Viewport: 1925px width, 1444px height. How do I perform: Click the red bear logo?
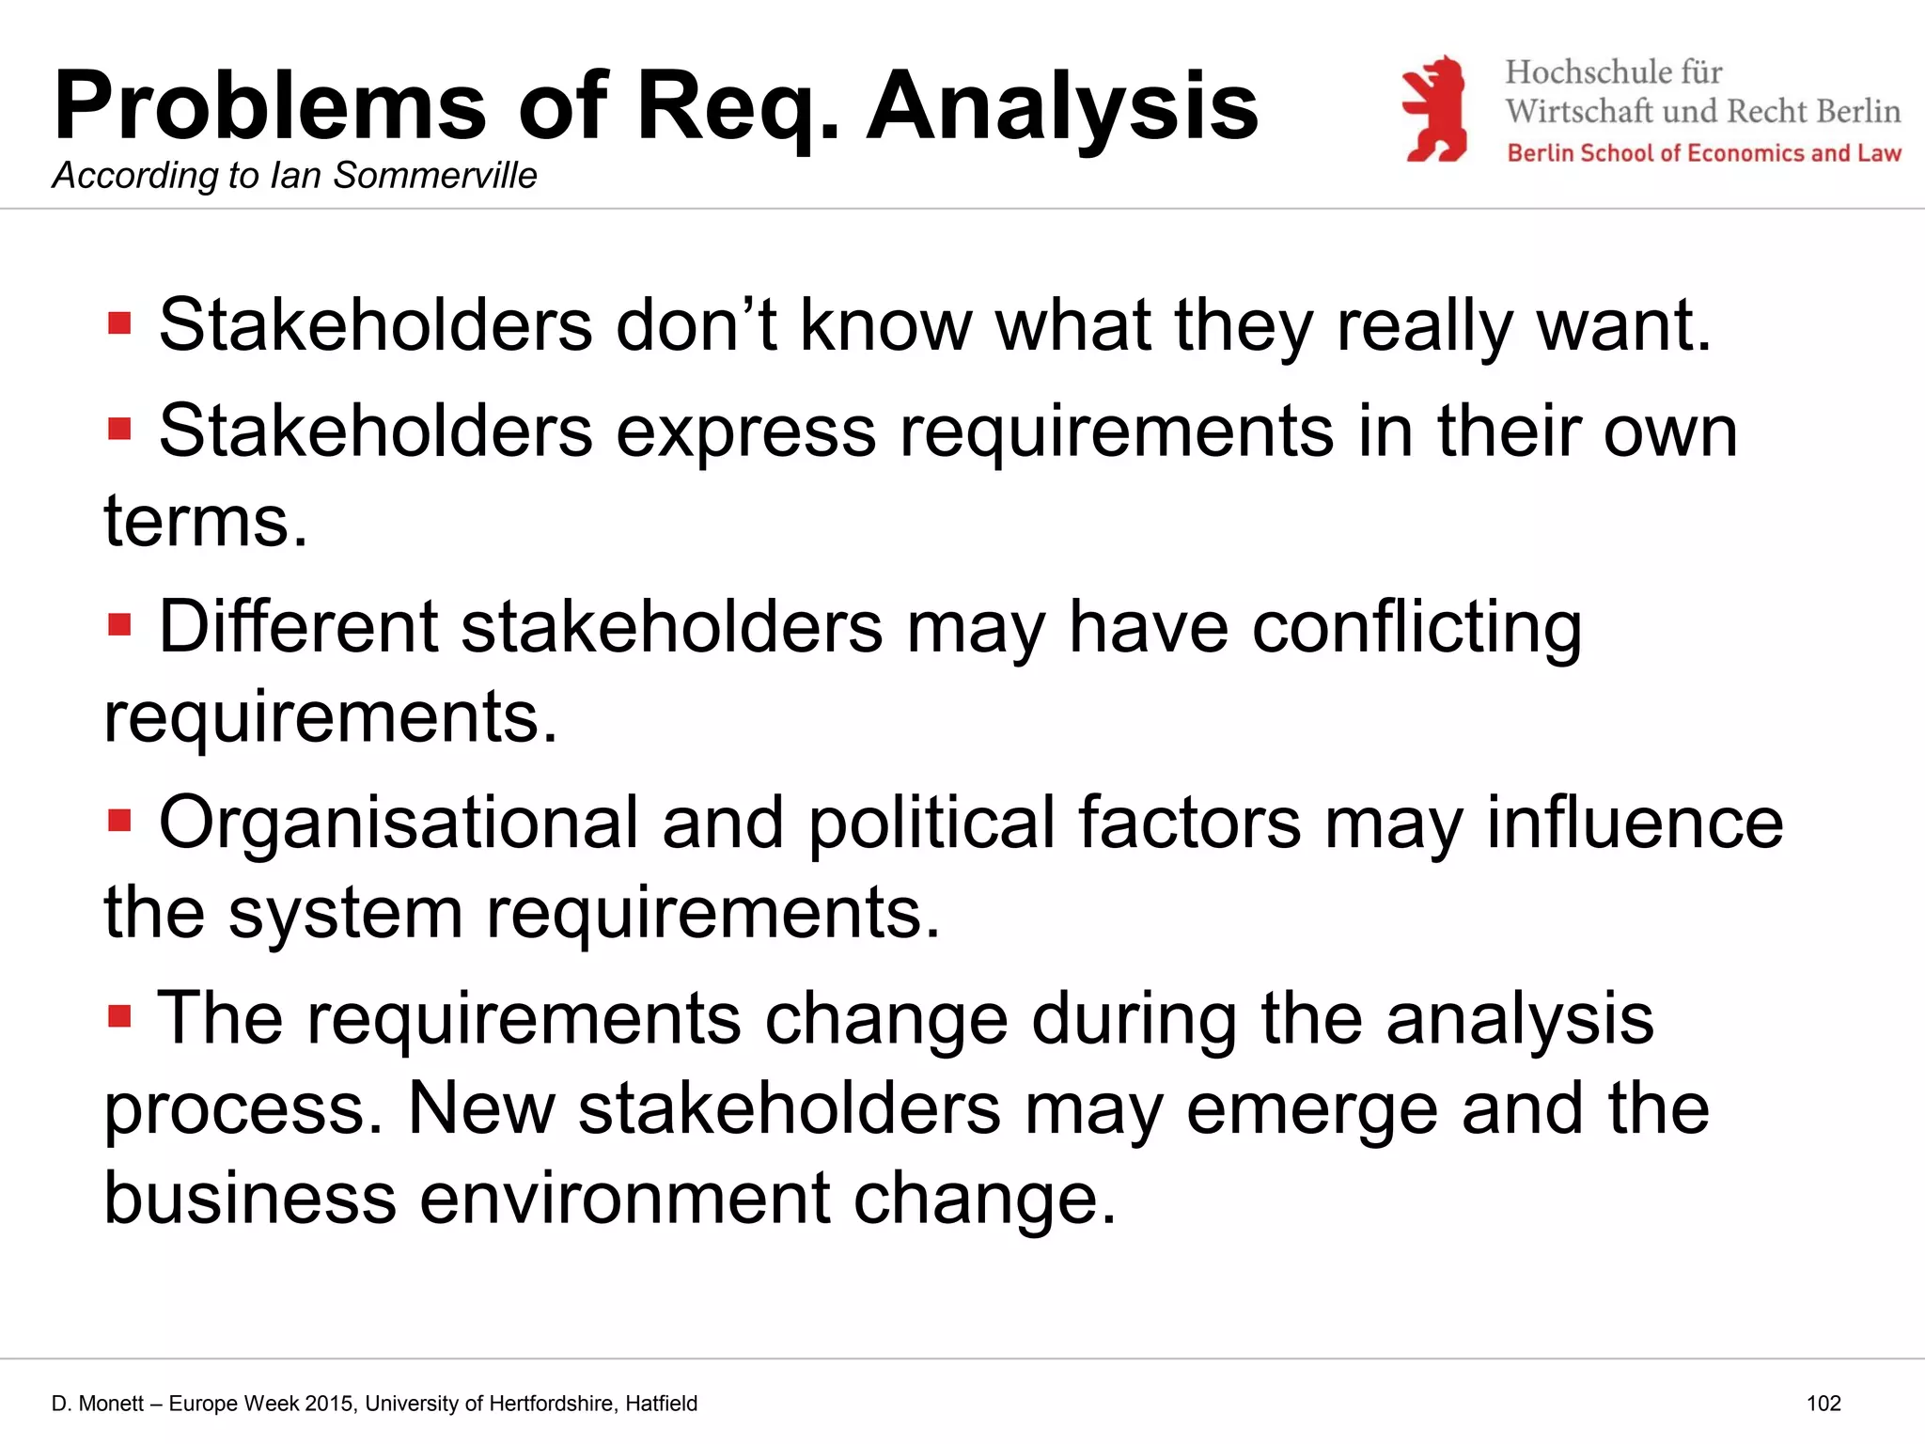click(x=1433, y=108)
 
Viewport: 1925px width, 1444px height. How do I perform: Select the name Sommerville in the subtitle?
click(x=435, y=176)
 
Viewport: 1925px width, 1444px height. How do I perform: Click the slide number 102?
click(x=1823, y=1404)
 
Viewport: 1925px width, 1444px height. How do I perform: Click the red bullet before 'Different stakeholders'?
click(x=119, y=625)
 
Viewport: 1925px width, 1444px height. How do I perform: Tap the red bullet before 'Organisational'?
click(x=119, y=821)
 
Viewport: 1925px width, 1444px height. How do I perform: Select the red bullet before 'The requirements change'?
click(x=119, y=1016)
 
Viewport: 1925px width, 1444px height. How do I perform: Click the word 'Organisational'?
click(x=399, y=824)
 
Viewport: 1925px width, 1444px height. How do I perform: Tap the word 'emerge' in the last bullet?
click(x=1312, y=1109)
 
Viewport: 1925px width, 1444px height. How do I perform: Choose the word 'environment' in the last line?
click(x=624, y=1199)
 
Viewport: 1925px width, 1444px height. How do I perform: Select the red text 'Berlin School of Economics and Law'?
click(x=1704, y=153)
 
